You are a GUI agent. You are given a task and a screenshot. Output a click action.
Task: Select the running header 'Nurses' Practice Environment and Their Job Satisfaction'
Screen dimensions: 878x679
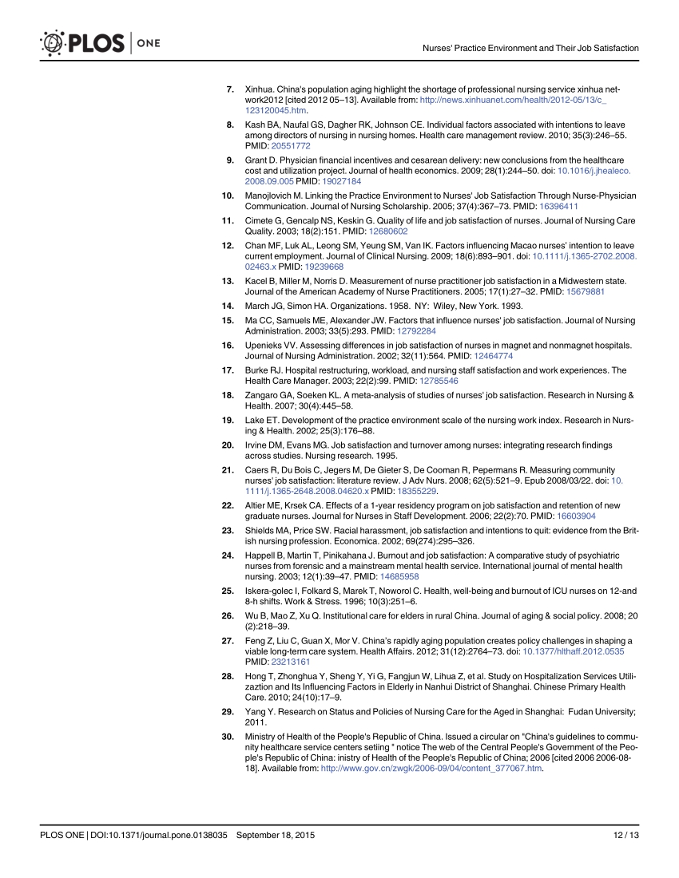click(x=530, y=49)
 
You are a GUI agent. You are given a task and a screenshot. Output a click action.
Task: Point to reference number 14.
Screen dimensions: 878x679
click(x=228, y=305)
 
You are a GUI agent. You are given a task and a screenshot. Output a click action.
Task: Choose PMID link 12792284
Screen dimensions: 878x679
click(x=416, y=330)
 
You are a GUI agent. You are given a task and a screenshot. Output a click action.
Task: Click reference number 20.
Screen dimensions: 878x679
click(x=228, y=444)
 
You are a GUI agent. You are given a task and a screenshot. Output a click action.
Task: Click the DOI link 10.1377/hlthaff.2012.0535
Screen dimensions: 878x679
click(x=573, y=651)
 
